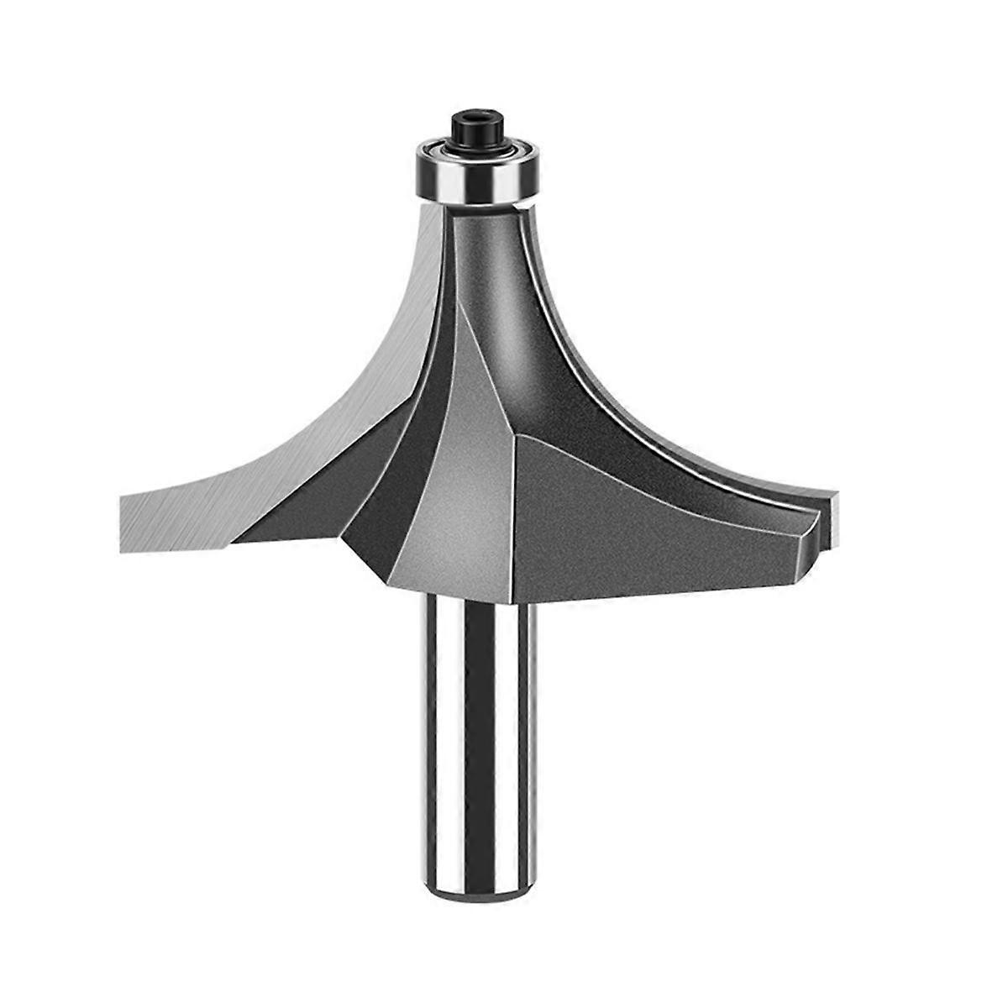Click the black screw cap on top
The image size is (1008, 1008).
pyautogui.click(x=473, y=127)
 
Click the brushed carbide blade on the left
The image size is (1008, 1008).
pyautogui.click(x=252, y=470)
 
